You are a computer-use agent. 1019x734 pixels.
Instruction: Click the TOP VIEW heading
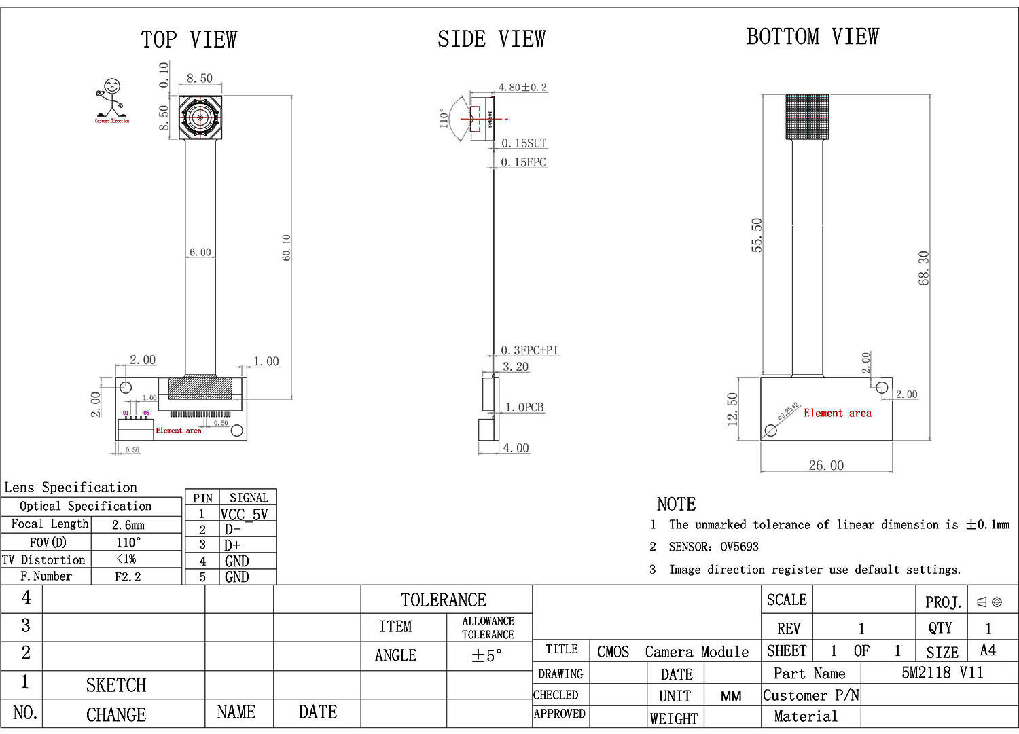point(189,39)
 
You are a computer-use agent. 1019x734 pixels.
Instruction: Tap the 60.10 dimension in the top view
point(286,247)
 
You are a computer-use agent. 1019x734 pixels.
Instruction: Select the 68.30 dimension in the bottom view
point(923,268)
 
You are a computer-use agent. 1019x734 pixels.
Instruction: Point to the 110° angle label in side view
point(444,118)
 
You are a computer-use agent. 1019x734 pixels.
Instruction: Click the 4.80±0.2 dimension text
point(522,87)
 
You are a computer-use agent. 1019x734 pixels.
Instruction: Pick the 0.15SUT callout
point(523,143)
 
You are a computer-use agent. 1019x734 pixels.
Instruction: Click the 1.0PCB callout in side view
point(524,407)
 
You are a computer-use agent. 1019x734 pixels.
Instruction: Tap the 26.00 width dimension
point(826,465)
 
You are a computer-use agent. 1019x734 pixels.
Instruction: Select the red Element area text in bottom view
point(837,413)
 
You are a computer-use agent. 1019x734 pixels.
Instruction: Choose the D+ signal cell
point(232,545)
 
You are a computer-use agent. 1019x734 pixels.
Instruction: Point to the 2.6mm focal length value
point(128,525)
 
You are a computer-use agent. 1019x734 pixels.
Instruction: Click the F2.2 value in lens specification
point(128,576)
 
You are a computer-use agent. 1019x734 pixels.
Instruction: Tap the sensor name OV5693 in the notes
point(739,547)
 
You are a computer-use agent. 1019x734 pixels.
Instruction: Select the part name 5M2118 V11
point(942,672)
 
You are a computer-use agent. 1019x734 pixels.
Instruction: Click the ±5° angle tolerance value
point(487,656)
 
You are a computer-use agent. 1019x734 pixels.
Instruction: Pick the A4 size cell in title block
point(988,650)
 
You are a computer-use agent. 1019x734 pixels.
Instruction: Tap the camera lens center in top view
point(200,117)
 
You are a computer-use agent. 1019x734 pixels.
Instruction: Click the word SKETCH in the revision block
point(116,684)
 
